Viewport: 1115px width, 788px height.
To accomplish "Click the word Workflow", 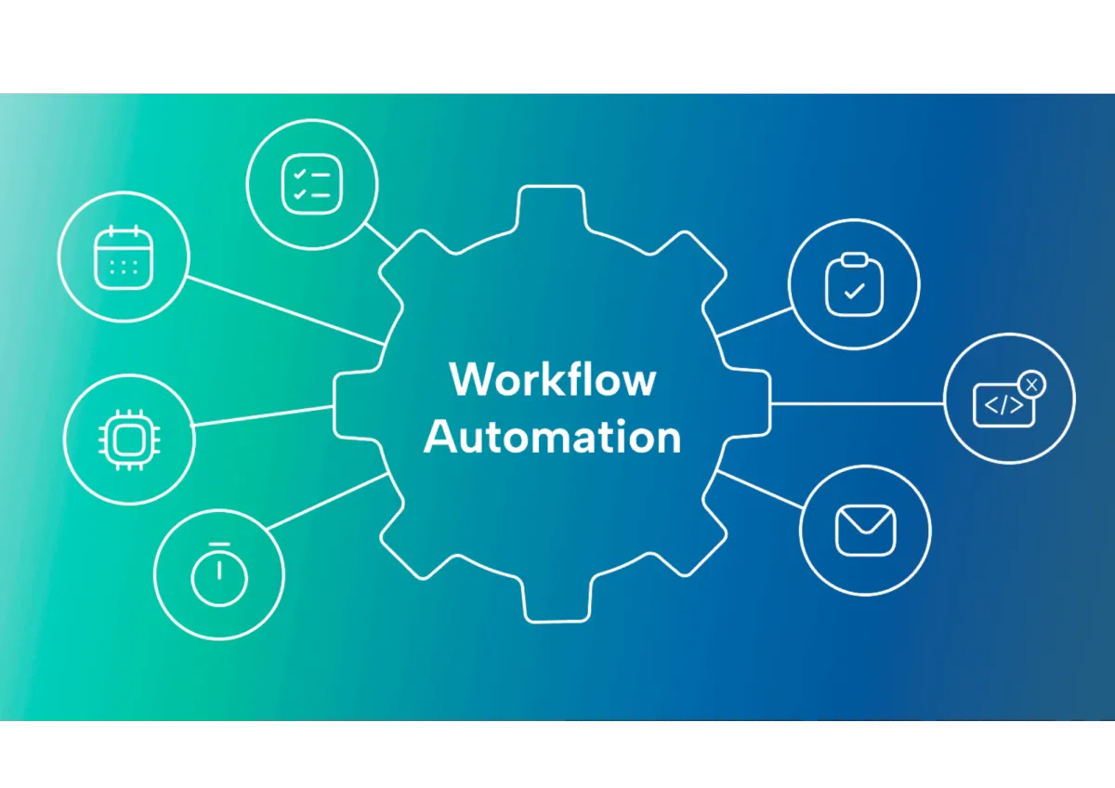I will click(553, 380).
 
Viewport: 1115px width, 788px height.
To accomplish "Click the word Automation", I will click(553, 437).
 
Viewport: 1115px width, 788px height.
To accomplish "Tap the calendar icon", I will click(123, 257).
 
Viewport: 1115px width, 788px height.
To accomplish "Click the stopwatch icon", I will click(219, 575).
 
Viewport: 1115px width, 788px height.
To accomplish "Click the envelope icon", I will click(865, 530).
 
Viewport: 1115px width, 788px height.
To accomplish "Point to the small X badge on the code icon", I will click(1031, 383).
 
